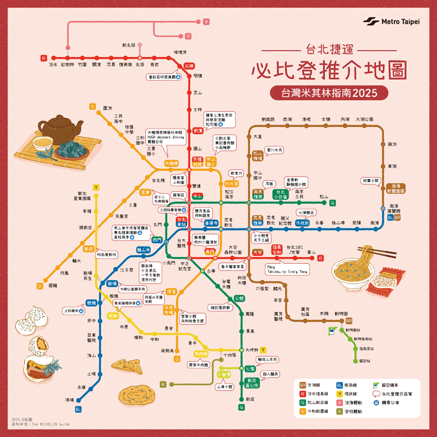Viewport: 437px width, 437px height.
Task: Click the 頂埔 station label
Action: click(69, 400)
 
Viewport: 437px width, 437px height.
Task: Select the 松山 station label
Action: click(324, 196)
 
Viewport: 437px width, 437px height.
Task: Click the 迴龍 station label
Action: click(52, 285)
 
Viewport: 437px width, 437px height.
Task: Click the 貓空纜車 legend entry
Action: click(394, 385)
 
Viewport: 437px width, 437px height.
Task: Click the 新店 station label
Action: click(250, 399)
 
